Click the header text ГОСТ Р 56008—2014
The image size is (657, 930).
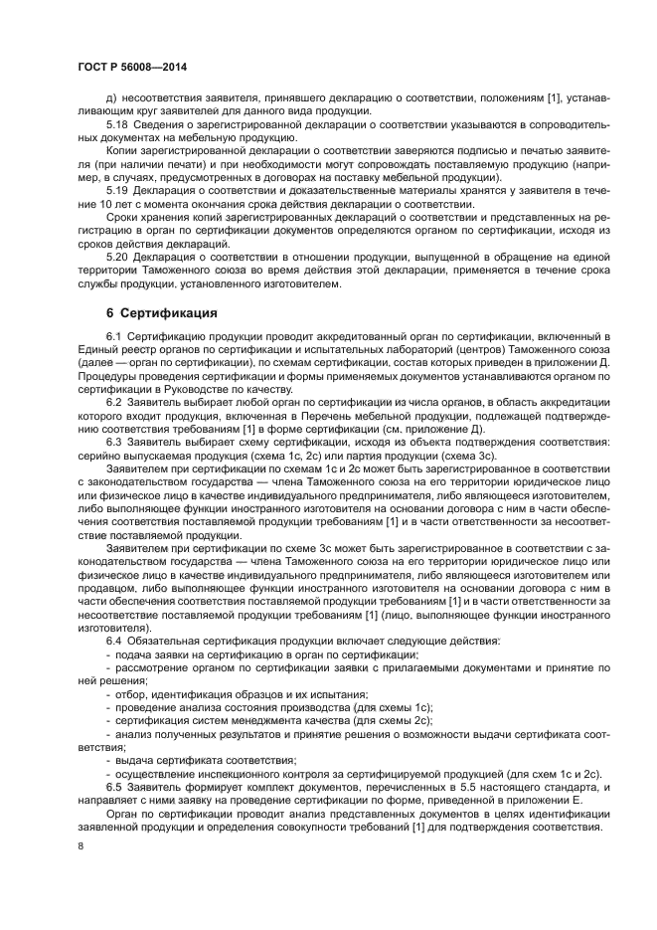tap(131, 67)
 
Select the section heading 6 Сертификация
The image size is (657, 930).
tap(162, 313)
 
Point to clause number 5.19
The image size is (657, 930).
tap(117, 189)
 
